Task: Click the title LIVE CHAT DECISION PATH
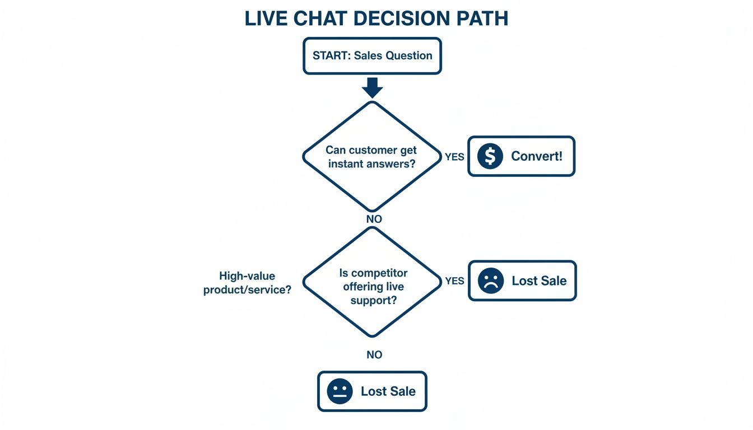376,18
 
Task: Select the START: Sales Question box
372,55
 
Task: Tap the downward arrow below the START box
372,87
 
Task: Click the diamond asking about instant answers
372,157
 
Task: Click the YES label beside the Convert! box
454,157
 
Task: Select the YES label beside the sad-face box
454,281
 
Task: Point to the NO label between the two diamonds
374,219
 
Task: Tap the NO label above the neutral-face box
374,355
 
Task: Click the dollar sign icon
490,157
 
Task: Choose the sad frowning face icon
491,281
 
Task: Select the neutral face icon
340,391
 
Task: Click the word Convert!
536,157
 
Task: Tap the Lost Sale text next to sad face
539,281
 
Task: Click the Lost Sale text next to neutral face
388,391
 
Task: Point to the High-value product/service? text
247,283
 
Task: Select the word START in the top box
330,55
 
